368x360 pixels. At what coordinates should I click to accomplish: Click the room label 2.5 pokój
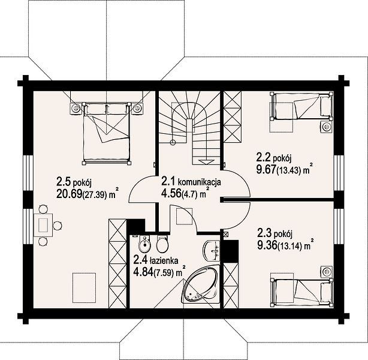(x=74, y=182)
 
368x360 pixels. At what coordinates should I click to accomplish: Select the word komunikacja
(x=200, y=182)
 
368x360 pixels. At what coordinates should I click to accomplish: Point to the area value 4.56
(x=171, y=193)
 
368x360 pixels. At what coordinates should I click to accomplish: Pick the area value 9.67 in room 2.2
(x=266, y=169)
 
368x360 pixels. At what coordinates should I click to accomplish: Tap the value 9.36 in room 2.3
(x=267, y=246)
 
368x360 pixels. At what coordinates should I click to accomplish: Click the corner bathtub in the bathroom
(x=200, y=284)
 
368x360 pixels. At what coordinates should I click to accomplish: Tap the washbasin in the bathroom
(x=212, y=251)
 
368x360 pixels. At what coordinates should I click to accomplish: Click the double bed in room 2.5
(x=107, y=133)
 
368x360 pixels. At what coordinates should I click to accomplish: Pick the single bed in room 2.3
(x=302, y=293)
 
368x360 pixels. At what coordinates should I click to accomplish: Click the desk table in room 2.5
(x=43, y=225)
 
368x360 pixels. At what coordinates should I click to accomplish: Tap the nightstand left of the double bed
(x=76, y=109)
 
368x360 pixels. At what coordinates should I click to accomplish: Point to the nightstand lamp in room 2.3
(x=327, y=272)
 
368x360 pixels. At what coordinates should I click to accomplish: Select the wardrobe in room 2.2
(x=233, y=117)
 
